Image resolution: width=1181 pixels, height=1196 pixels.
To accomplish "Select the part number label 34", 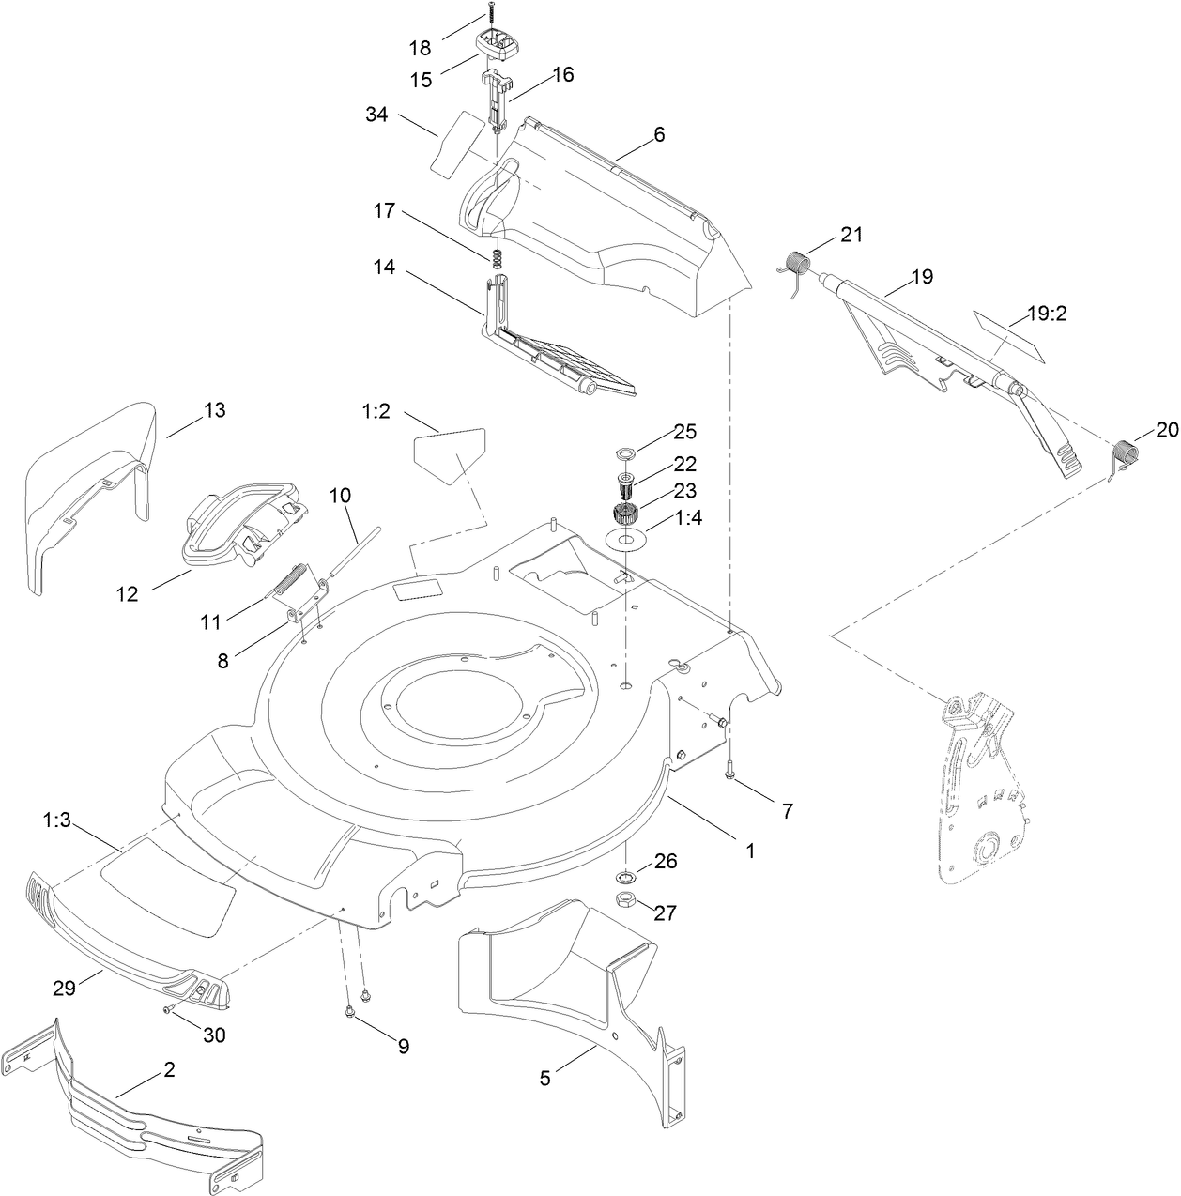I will click(376, 115).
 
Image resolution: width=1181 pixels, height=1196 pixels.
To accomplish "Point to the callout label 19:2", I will click(1047, 315).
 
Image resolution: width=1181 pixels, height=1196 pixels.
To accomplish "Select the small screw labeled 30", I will click(167, 1009).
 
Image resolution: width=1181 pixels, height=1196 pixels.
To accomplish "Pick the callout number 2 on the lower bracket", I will click(169, 1069).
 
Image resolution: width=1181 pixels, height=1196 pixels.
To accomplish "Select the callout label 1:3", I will click(56, 820).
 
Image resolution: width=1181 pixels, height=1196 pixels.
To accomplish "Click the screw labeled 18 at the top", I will click(490, 16).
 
